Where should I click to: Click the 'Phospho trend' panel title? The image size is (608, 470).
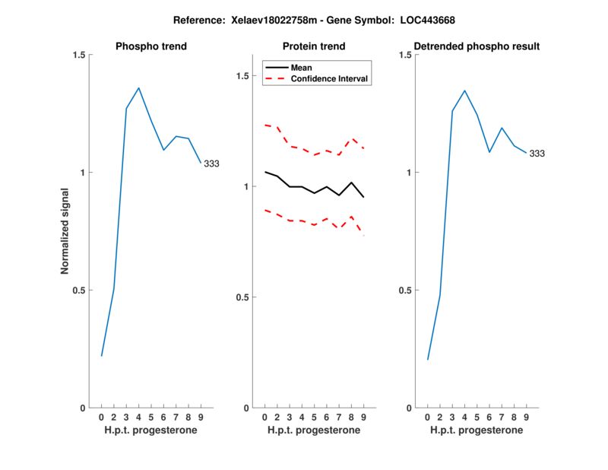tap(150, 46)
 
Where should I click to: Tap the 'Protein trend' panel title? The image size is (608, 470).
tap(314, 46)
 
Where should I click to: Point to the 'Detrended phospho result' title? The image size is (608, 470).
tap(476, 46)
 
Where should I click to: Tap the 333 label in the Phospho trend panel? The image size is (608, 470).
tap(211, 164)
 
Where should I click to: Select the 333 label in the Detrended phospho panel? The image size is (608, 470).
tap(537, 154)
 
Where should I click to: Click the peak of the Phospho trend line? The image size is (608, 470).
tap(138, 88)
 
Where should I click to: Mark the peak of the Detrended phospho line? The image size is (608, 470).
tap(464, 91)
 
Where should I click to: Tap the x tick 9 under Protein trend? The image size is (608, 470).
tap(364, 418)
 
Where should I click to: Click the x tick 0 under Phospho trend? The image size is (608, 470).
tap(101, 418)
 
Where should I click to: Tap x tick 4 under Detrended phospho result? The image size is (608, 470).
tap(464, 418)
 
